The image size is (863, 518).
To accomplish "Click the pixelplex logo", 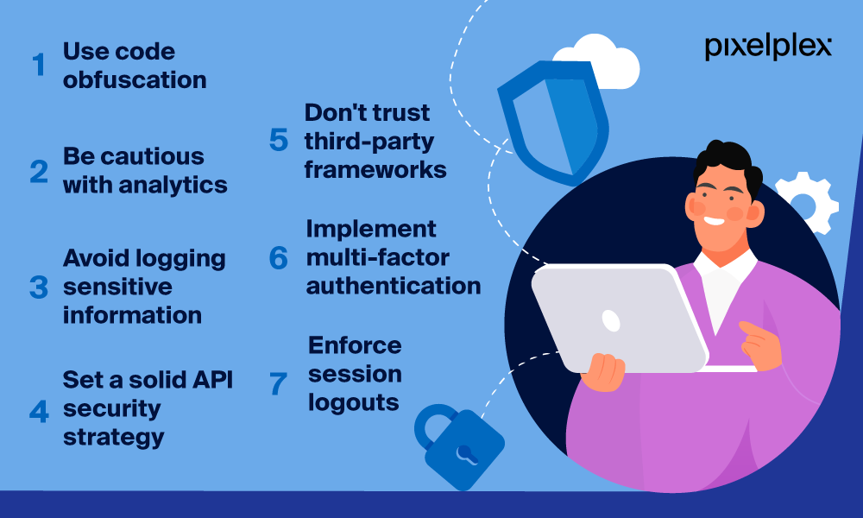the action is [x=768, y=47].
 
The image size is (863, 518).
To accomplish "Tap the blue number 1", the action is [x=39, y=65].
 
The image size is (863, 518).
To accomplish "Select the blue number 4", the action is [x=39, y=411].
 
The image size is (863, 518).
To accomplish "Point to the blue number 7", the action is [x=278, y=383].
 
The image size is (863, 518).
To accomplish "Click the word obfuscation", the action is [x=135, y=80].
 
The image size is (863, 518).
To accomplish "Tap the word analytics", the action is [x=173, y=186].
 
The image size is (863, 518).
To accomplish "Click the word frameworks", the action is [x=375, y=169].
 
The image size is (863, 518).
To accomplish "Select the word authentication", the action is [x=394, y=287].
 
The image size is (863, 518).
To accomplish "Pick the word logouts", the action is [x=353, y=402].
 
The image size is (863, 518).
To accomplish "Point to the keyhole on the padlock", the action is [x=466, y=455].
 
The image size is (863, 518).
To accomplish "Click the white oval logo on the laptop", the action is [x=611, y=320].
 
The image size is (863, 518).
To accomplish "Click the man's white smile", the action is [x=714, y=221].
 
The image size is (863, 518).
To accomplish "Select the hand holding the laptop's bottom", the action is [x=603, y=372].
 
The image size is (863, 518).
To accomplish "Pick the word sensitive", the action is [x=117, y=287].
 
